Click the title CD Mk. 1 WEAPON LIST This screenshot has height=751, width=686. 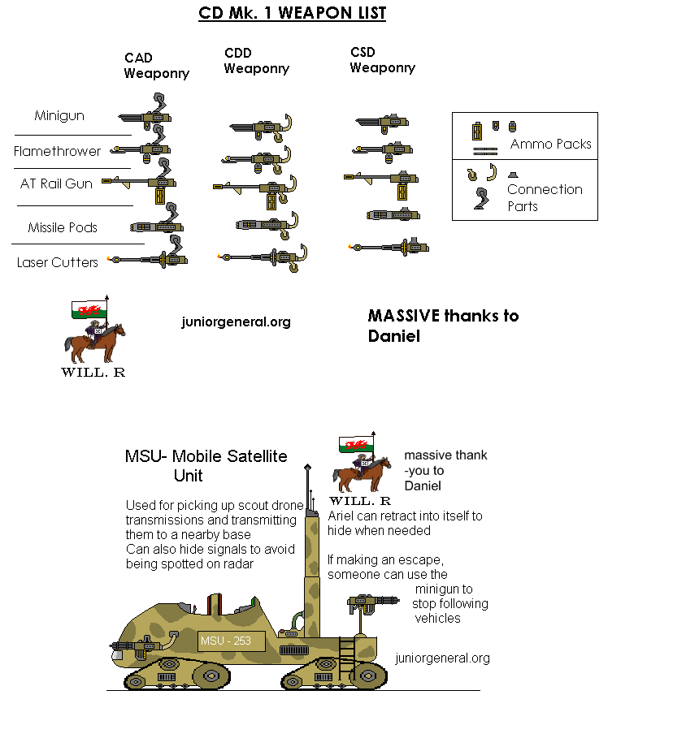click(x=292, y=13)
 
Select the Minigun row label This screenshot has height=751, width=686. click(x=59, y=116)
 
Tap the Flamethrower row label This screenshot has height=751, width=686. click(x=57, y=151)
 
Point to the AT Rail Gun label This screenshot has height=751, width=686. click(x=56, y=183)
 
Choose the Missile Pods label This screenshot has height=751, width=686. click(x=63, y=227)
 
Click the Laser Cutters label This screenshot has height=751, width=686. click(x=58, y=262)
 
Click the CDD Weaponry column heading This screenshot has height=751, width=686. click(x=257, y=61)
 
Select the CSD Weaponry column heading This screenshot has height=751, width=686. click(x=383, y=60)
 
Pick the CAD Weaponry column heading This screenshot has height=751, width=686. click(x=156, y=66)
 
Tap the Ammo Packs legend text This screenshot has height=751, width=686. click(x=551, y=144)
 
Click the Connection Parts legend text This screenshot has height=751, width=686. click(x=545, y=198)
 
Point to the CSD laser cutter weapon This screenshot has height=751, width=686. click(x=389, y=247)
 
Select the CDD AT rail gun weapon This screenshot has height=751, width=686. click(x=255, y=192)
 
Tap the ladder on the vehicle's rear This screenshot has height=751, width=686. click(x=346, y=658)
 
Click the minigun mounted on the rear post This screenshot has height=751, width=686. click(x=373, y=604)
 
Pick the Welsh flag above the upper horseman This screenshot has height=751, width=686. click(x=89, y=309)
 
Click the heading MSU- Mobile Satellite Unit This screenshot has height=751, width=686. click(x=206, y=465)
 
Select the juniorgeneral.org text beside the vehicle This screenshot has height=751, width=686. click(x=442, y=658)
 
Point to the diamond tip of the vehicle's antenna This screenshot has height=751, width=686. click(x=308, y=467)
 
